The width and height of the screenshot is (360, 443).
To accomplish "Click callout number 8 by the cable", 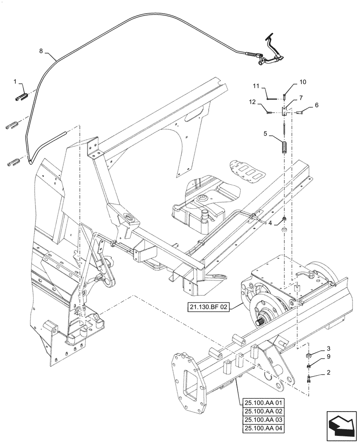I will point(41,51).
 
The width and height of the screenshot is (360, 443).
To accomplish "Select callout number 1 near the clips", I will point(15,82).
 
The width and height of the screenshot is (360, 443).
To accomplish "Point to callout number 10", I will point(303,82).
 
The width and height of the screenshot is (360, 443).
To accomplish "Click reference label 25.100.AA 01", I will point(265,403).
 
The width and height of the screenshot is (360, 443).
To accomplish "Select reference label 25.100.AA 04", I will point(265,428).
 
